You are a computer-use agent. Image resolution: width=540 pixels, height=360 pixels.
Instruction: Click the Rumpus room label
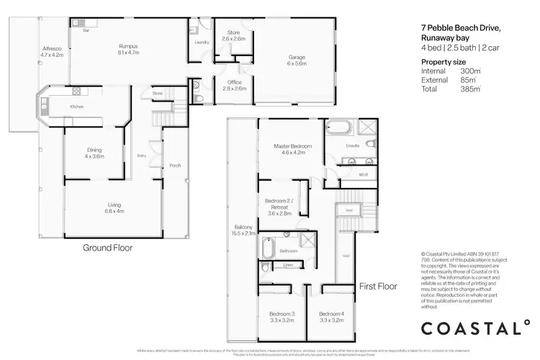tap(128, 49)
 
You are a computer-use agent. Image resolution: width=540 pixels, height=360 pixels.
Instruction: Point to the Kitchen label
tap(77, 107)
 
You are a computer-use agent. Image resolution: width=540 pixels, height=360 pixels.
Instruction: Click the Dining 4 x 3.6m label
tap(94, 153)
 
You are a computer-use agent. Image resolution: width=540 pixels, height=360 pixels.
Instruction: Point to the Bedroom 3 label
tap(282, 317)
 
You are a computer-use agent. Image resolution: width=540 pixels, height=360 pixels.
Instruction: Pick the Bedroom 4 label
tap(332, 317)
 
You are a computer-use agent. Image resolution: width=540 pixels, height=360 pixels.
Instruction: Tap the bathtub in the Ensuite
tap(338, 128)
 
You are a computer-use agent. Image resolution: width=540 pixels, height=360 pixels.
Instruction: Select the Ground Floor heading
tap(108, 248)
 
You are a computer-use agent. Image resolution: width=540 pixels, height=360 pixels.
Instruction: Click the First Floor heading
tap(377, 286)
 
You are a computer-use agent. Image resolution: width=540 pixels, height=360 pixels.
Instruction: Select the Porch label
tap(174, 166)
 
